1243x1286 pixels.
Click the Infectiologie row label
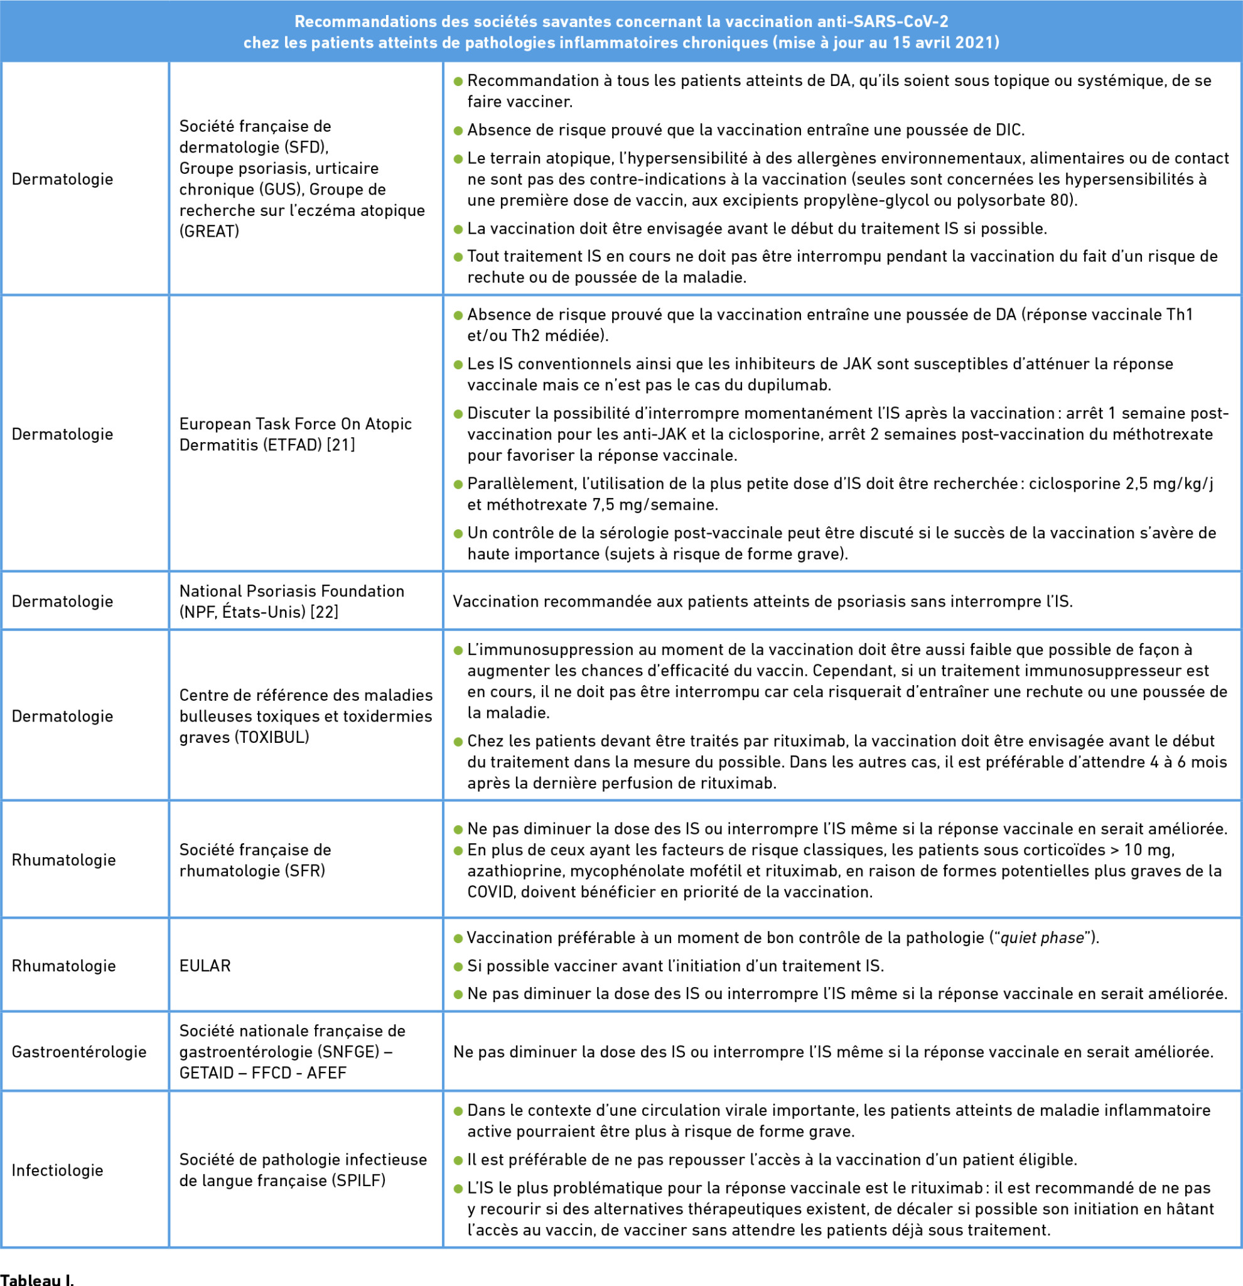(58, 1170)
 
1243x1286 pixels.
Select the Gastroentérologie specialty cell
(78, 1052)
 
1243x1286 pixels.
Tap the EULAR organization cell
(205, 966)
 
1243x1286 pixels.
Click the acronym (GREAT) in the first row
(209, 231)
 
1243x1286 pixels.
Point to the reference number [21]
(341, 445)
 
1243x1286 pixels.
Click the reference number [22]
(324, 612)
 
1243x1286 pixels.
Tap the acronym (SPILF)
(358, 1181)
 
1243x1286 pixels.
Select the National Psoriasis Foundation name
(292, 591)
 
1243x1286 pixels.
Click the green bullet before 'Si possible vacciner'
(458, 966)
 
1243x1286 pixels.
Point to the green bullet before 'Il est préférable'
(458, 1160)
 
